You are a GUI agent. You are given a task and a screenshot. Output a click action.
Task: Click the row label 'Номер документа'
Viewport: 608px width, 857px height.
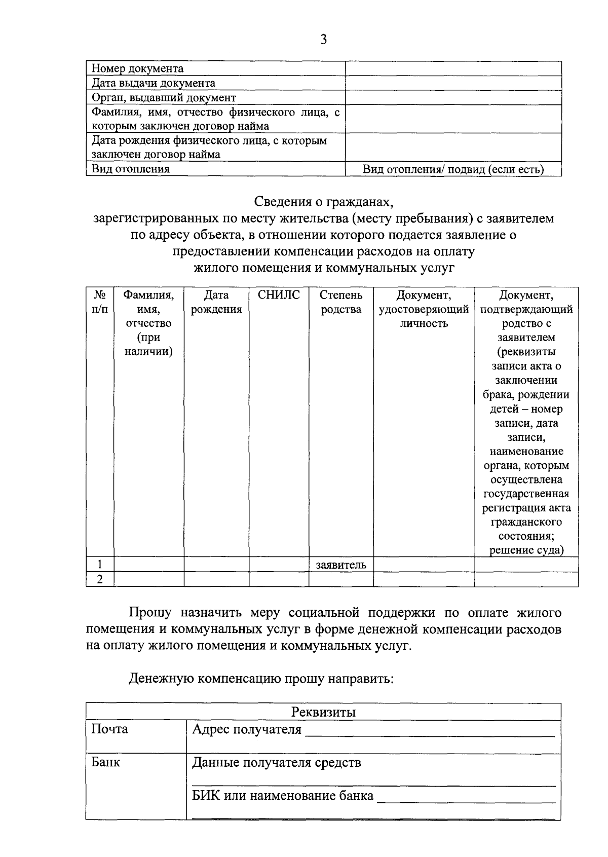(x=137, y=68)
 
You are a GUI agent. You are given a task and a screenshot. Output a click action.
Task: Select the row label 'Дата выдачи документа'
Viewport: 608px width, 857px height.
(x=153, y=83)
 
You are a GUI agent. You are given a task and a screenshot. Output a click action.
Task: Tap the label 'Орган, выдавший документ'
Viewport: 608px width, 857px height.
(x=164, y=97)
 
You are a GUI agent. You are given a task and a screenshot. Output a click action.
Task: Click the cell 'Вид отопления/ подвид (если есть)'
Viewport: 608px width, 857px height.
(x=453, y=169)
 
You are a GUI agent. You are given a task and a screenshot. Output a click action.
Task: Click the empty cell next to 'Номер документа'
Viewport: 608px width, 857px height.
(x=453, y=68)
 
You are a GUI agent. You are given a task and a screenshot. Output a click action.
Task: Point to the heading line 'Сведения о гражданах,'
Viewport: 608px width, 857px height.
(x=323, y=202)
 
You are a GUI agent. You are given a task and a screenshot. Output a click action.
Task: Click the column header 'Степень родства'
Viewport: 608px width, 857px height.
(x=341, y=302)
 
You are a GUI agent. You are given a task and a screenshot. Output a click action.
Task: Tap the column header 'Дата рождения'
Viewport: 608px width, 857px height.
(x=216, y=302)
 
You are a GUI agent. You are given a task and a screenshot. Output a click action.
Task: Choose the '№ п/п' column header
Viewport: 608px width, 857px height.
(x=100, y=302)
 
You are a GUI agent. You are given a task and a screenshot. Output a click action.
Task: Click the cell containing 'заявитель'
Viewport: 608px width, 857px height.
(x=341, y=565)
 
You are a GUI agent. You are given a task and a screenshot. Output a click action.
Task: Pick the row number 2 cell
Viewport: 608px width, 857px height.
(x=100, y=579)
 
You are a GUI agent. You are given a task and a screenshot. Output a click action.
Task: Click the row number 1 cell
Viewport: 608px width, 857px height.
(x=100, y=565)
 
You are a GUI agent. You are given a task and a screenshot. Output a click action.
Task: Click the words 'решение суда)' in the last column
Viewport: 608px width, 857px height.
(x=526, y=550)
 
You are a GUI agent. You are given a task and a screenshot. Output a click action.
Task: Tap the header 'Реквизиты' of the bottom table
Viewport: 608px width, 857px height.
(x=323, y=712)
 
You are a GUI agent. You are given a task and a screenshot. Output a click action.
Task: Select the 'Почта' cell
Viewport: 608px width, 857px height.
(x=109, y=729)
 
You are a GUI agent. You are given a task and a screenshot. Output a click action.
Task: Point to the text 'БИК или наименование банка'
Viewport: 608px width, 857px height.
(x=283, y=796)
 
